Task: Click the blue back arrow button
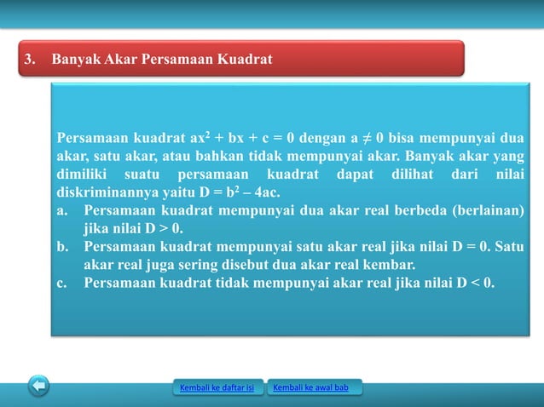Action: tap(38, 387)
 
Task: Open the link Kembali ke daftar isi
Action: tap(217, 389)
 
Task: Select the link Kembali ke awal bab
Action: tap(315, 389)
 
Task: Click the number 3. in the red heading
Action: tap(31, 60)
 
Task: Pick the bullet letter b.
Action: tap(62, 247)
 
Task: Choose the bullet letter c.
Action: tap(62, 283)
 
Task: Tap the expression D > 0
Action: tap(165, 229)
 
